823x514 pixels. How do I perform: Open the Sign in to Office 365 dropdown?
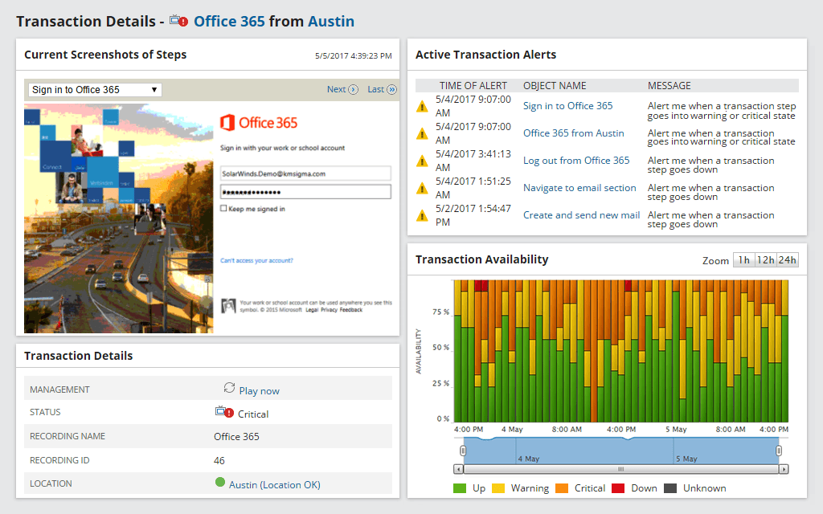click(95, 90)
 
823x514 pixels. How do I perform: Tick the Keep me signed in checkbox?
click(223, 209)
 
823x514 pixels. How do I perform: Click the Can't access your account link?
click(256, 260)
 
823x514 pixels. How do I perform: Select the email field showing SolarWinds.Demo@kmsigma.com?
click(305, 173)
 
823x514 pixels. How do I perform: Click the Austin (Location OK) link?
click(274, 484)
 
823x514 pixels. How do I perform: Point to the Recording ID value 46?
click(219, 460)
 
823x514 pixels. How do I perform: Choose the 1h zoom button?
click(743, 260)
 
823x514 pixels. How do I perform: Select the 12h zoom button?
click(765, 260)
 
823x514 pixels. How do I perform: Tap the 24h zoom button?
click(788, 260)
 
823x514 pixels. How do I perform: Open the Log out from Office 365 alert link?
click(576, 161)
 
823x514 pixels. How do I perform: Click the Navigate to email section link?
click(579, 188)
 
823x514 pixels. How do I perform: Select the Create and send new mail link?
click(581, 215)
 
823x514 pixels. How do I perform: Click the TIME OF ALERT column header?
click(473, 86)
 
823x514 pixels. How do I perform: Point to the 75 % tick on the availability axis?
click(440, 312)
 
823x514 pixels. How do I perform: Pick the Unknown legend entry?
click(704, 488)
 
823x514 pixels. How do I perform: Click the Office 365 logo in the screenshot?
click(259, 123)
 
